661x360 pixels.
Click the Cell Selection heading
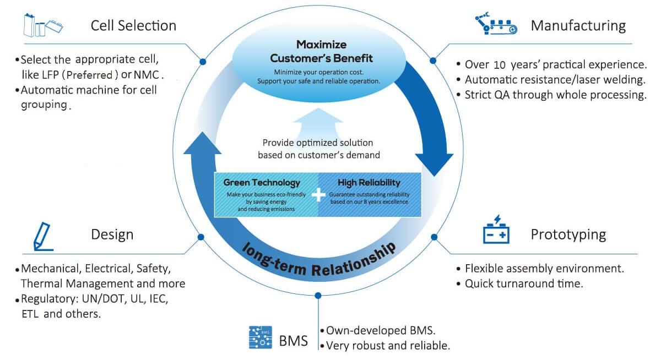point(133,25)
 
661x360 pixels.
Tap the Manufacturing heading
point(578,25)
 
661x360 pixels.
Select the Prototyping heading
point(568,234)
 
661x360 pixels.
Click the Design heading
point(112,234)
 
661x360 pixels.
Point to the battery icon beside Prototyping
point(496,231)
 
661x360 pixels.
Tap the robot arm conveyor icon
point(496,25)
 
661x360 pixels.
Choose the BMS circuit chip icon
point(260,337)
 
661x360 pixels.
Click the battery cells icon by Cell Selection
point(43,25)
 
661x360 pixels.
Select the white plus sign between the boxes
point(318,194)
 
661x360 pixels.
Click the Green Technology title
point(262,183)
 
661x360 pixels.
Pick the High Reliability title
point(369,183)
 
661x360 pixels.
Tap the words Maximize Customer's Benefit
point(321,51)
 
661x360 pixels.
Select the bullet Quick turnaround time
point(524,284)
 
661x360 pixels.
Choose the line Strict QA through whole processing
point(555,95)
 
